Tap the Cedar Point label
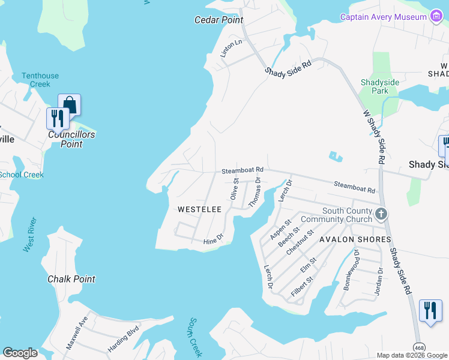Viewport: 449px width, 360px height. point(218,20)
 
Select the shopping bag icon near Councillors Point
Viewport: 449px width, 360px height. point(69,105)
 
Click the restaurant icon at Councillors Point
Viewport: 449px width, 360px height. point(58,118)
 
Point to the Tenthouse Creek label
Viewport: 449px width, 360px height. point(40,80)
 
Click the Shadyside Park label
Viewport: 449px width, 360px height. point(375,87)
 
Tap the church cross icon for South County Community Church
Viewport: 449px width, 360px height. point(381,214)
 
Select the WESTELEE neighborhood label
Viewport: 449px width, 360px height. point(200,209)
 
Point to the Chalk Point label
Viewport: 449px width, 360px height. point(71,279)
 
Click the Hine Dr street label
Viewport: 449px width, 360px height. point(213,239)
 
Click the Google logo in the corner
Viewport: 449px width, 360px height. point(20,353)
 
